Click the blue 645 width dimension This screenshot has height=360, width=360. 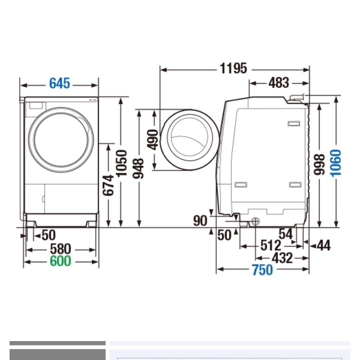click(x=60, y=83)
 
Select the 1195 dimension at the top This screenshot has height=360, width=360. click(x=233, y=68)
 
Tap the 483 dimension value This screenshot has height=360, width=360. click(x=279, y=83)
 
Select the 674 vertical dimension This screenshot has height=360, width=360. click(x=109, y=185)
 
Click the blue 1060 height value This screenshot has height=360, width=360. click(x=336, y=163)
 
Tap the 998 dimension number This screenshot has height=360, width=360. click(x=320, y=164)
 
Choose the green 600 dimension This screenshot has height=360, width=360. click(x=60, y=261)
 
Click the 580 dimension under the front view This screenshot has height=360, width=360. click(x=60, y=249)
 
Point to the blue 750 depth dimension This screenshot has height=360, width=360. click(x=262, y=270)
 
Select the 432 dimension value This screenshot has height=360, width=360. click(x=282, y=258)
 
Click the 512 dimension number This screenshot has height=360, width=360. click(x=270, y=246)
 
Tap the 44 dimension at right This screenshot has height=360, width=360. click(x=323, y=246)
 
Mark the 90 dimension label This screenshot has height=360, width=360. click(x=200, y=221)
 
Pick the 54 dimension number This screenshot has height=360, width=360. click(x=286, y=234)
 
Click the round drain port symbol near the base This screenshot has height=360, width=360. click(x=255, y=221)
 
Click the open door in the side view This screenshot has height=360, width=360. click(x=189, y=140)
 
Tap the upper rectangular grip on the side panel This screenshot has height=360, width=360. click(x=293, y=124)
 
